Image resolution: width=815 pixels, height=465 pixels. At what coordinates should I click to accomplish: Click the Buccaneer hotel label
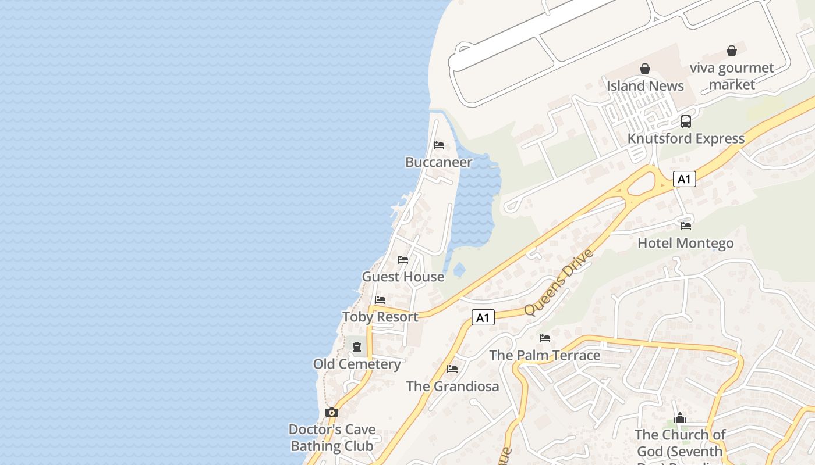click(438, 162)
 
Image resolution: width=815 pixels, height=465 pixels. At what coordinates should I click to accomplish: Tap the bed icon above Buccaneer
click(439, 145)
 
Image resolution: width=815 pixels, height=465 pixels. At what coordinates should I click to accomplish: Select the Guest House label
click(403, 277)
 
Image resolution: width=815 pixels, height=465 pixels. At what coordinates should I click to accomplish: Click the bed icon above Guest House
click(403, 259)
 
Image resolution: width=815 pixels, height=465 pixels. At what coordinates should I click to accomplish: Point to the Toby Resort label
click(380, 317)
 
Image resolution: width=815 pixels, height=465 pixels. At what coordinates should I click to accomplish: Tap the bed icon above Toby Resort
click(380, 300)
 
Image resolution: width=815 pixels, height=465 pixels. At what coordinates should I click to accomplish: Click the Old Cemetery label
click(357, 364)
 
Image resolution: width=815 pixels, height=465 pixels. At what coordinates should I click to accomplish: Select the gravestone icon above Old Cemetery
click(357, 347)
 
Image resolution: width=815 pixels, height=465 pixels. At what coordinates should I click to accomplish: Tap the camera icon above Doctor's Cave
click(332, 412)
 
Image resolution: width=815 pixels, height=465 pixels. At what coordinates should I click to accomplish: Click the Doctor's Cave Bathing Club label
click(332, 438)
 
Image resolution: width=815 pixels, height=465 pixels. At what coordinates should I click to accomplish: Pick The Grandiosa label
click(452, 386)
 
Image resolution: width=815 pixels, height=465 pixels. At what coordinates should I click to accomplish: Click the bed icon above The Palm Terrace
click(545, 338)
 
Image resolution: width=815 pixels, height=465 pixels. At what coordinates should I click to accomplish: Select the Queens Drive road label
click(558, 282)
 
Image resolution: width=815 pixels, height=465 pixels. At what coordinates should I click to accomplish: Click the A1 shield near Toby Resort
click(483, 317)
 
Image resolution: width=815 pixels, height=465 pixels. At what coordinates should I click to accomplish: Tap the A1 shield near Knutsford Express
click(684, 179)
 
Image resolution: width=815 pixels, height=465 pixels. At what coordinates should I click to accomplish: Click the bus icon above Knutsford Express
click(686, 121)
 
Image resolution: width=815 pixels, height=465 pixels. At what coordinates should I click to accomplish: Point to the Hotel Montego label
click(686, 243)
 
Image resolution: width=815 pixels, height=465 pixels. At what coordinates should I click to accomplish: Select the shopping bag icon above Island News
click(645, 69)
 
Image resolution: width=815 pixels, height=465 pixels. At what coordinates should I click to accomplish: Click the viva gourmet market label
click(732, 76)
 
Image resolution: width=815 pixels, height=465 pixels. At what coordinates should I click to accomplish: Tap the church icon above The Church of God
click(680, 418)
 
